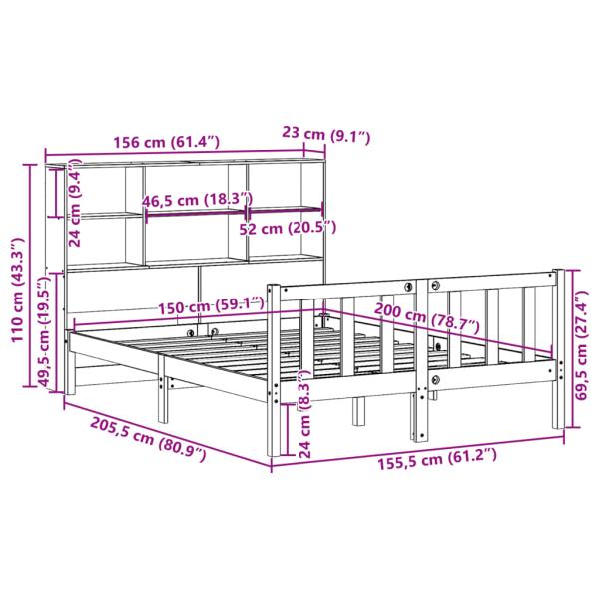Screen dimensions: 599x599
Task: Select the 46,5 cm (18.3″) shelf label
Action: coord(196,200)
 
